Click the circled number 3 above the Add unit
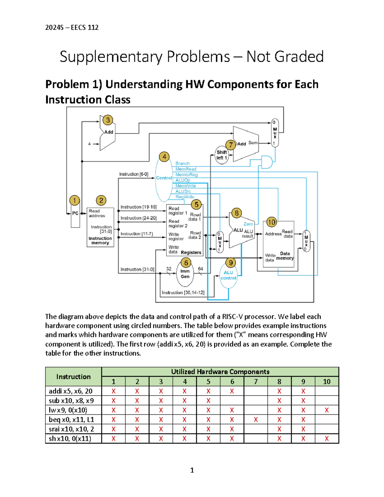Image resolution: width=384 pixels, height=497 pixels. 108,120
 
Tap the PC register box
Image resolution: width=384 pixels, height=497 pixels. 75,213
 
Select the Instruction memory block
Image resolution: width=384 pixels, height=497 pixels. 100,228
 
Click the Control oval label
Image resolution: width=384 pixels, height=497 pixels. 164,178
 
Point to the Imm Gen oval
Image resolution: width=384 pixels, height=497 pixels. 185,274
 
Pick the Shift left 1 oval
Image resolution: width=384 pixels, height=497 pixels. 221,155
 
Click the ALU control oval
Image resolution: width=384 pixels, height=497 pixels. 228,276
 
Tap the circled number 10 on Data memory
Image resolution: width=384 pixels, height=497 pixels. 271,222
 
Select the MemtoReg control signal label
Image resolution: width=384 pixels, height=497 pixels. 186,175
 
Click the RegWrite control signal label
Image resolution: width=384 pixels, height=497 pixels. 185,197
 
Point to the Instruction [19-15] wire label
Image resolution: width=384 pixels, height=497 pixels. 138,207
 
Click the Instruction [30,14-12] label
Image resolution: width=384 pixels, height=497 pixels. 183,293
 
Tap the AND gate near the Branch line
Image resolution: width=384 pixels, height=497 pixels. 267,162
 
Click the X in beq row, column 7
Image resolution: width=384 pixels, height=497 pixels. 256,420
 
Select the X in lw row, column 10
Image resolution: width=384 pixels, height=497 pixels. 327,410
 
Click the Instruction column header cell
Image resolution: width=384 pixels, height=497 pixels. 73,377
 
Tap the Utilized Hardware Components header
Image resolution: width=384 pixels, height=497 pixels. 220,372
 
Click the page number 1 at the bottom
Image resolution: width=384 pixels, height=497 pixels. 192,470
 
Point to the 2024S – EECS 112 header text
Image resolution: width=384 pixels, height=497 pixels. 72,28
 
